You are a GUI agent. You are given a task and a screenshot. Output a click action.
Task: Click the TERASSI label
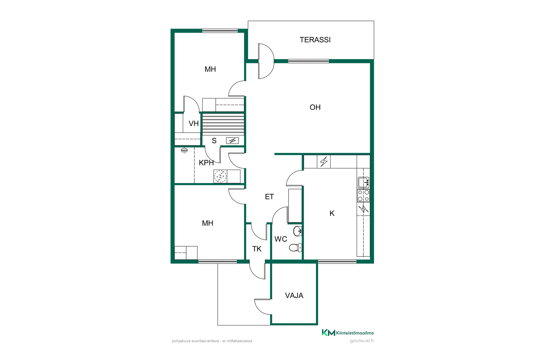tap(315, 40)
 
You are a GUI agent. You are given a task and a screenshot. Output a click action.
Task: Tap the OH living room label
tap(315, 107)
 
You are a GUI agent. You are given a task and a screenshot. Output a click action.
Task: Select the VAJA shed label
tap(294, 296)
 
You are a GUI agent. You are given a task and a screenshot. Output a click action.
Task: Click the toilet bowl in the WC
tap(295, 247)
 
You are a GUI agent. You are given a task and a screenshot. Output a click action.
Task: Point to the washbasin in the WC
tap(297, 231)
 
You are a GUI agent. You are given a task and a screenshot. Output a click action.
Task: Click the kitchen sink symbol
tap(363, 183)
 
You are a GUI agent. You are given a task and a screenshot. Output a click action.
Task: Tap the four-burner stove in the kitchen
tap(363, 195)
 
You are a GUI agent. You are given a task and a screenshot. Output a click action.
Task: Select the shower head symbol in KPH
tap(184, 150)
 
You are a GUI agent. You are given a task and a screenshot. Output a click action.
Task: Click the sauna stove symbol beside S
tap(232, 140)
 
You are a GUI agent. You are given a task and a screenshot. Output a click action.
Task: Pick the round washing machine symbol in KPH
tap(220, 176)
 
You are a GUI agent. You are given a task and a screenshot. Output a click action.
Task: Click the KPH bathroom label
tap(206, 163)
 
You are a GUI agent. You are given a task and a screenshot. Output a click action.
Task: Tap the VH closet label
tap(193, 123)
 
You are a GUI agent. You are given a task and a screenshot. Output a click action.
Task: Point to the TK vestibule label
tap(257, 249)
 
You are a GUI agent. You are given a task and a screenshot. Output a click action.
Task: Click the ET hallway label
tap(269, 197)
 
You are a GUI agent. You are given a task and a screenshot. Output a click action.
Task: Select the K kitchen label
tap(332, 213)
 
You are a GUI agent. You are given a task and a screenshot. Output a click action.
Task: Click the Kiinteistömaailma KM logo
tap(348, 333)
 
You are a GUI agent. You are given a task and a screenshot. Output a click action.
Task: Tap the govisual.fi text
tap(362, 341)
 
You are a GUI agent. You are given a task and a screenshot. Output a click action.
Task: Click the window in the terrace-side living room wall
tap(309, 61)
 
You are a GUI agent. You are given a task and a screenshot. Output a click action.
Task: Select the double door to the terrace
tap(266, 61)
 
